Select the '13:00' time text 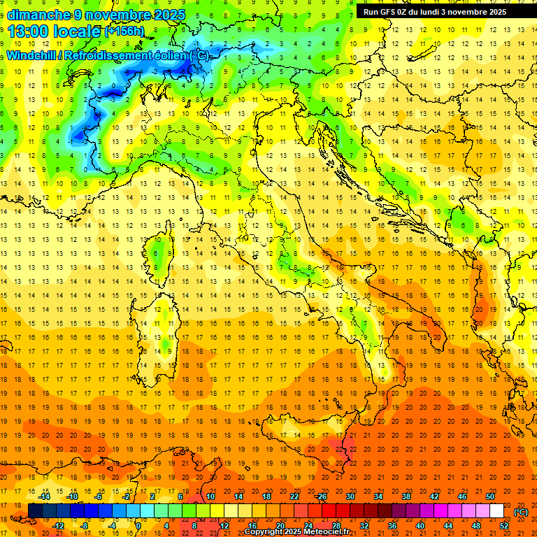click(x=28, y=31)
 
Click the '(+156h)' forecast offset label click(x=124, y=31)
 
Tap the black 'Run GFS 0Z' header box click(x=441, y=12)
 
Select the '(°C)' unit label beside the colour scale click(x=521, y=512)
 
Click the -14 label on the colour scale click(x=45, y=496)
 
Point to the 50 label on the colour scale click(x=490, y=496)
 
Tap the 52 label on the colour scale click(x=504, y=526)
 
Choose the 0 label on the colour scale click(x=138, y=526)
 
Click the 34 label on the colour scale click(x=378, y=496)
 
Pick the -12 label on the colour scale click(x=59, y=526)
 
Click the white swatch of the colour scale click(x=496, y=511)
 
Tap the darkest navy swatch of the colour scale click(x=35, y=511)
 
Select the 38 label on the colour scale click(x=406, y=496)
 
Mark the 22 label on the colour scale click(x=294, y=496)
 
